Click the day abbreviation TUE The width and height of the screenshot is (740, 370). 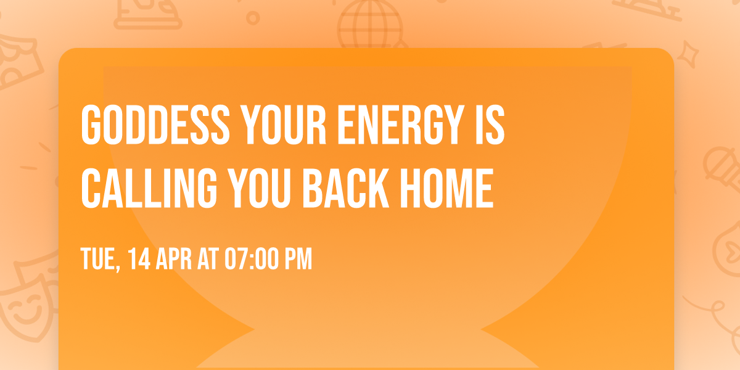coord(99,260)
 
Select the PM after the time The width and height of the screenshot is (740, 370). coord(297,260)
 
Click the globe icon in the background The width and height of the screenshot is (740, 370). coord(369,25)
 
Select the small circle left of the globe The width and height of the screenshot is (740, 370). coord(253,18)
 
